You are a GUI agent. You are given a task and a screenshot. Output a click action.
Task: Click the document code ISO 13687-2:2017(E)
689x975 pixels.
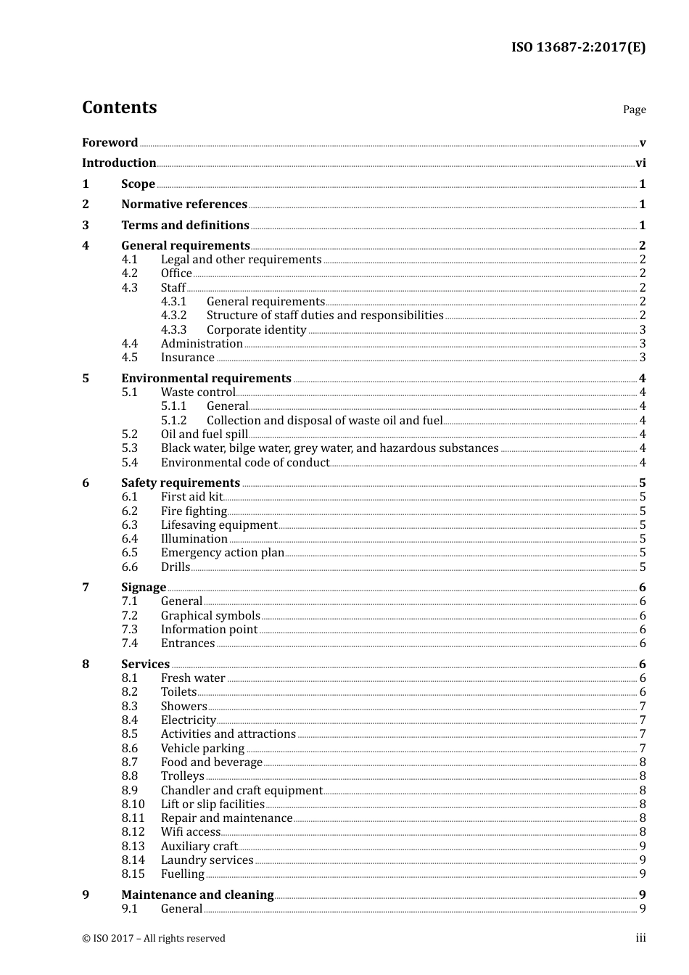click(x=578, y=48)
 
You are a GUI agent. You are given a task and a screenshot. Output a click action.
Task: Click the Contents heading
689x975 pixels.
click(x=119, y=107)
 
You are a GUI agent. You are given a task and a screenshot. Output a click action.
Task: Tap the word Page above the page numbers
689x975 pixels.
click(x=634, y=110)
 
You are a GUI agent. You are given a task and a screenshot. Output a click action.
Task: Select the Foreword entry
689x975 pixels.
click(x=110, y=143)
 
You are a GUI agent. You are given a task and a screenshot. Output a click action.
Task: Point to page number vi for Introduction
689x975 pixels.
click(x=640, y=163)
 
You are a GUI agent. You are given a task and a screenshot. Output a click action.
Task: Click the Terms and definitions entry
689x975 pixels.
click(x=185, y=226)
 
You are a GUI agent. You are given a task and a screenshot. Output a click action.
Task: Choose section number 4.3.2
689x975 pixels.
click(x=173, y=316)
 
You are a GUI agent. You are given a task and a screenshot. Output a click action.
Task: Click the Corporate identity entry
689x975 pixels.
click(x=256, y=330)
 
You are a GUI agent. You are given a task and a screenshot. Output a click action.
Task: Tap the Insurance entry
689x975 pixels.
click(x=187, y=358)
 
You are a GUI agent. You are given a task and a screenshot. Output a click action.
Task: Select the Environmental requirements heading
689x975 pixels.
click(x=206, y=379)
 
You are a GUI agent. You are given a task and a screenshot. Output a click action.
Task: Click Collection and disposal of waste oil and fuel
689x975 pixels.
click(x=324, y=421)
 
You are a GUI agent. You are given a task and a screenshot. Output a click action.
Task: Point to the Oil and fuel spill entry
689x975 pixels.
click(x=204, y=435)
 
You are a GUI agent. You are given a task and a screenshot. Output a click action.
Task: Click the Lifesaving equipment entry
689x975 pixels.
click(x=218, y=525)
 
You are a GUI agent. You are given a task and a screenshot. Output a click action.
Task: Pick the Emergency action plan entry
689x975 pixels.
click(x=222, y=553)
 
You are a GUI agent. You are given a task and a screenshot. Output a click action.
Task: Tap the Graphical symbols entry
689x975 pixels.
click(x=210, y=616)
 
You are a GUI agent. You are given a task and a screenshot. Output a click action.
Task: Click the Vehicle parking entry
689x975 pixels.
click(x=202, y=749)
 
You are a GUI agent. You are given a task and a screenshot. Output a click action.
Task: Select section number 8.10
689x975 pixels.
click(x=133, y=805)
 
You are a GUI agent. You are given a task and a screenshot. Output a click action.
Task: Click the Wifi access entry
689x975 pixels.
click(x=190, y=832)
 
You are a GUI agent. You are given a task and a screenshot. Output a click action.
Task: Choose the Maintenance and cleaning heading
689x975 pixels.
click(x=197, y=895)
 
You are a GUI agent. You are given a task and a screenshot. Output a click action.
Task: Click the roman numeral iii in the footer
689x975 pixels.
click(x=640, y=938)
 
